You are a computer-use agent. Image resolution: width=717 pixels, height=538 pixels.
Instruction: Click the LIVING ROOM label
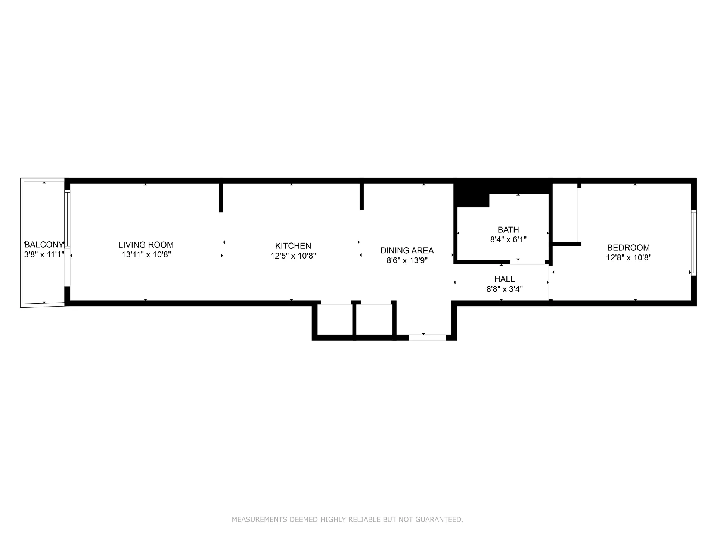(x=146, y=245)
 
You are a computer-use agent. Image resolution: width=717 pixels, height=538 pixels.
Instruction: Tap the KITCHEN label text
(x=293, y=246)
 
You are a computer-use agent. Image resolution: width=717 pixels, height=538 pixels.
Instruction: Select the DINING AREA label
(x=407, y=250)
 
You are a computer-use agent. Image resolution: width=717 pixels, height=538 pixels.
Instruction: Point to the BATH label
(x=508, y=229)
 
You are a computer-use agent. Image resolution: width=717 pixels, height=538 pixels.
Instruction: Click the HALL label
(x=505, y=279)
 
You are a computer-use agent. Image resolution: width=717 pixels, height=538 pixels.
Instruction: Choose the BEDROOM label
(x=628, y=247)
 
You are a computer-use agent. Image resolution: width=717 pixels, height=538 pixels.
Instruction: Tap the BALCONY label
(x=44, y=245)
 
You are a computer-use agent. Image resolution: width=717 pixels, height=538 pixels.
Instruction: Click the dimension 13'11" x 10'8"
(x=146, y=255)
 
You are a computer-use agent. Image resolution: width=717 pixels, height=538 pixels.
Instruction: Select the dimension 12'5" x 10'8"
(x=293, y=256)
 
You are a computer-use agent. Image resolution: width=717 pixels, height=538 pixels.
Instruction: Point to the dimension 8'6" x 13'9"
(x=407, y=260)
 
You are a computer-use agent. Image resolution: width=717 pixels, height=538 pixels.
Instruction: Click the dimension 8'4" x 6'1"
(x=508, y=239)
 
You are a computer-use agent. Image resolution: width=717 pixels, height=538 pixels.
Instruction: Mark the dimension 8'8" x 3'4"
(x=505, y=289)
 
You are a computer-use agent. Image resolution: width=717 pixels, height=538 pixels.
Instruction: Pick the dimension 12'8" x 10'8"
(x=628, y=257)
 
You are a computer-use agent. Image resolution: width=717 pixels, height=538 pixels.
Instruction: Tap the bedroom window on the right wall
(x=693, y=243)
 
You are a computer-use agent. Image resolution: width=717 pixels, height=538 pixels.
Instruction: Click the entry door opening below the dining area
(x=427, y=337)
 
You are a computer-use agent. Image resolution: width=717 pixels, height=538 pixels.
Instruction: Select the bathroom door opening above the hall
(x=527, y=262)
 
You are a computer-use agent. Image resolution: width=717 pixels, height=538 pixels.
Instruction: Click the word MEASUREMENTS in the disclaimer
(x=259, y=519)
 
